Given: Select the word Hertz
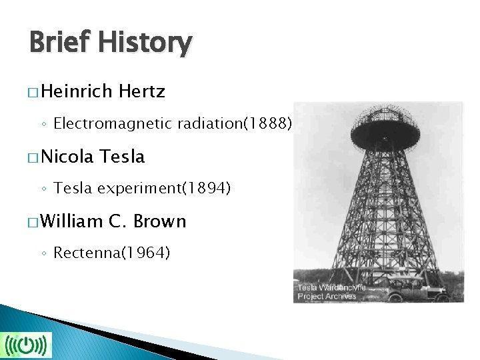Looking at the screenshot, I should click(x=141, y=91).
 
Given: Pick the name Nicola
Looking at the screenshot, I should click(x=69, y=157).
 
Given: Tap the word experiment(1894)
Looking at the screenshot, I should click(x=164, y=189).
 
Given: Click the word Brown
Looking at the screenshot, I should click(x=160, y=221).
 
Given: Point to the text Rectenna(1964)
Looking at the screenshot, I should click(x=112, y=253).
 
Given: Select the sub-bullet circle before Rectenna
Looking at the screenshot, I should click(x=44, y=254).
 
